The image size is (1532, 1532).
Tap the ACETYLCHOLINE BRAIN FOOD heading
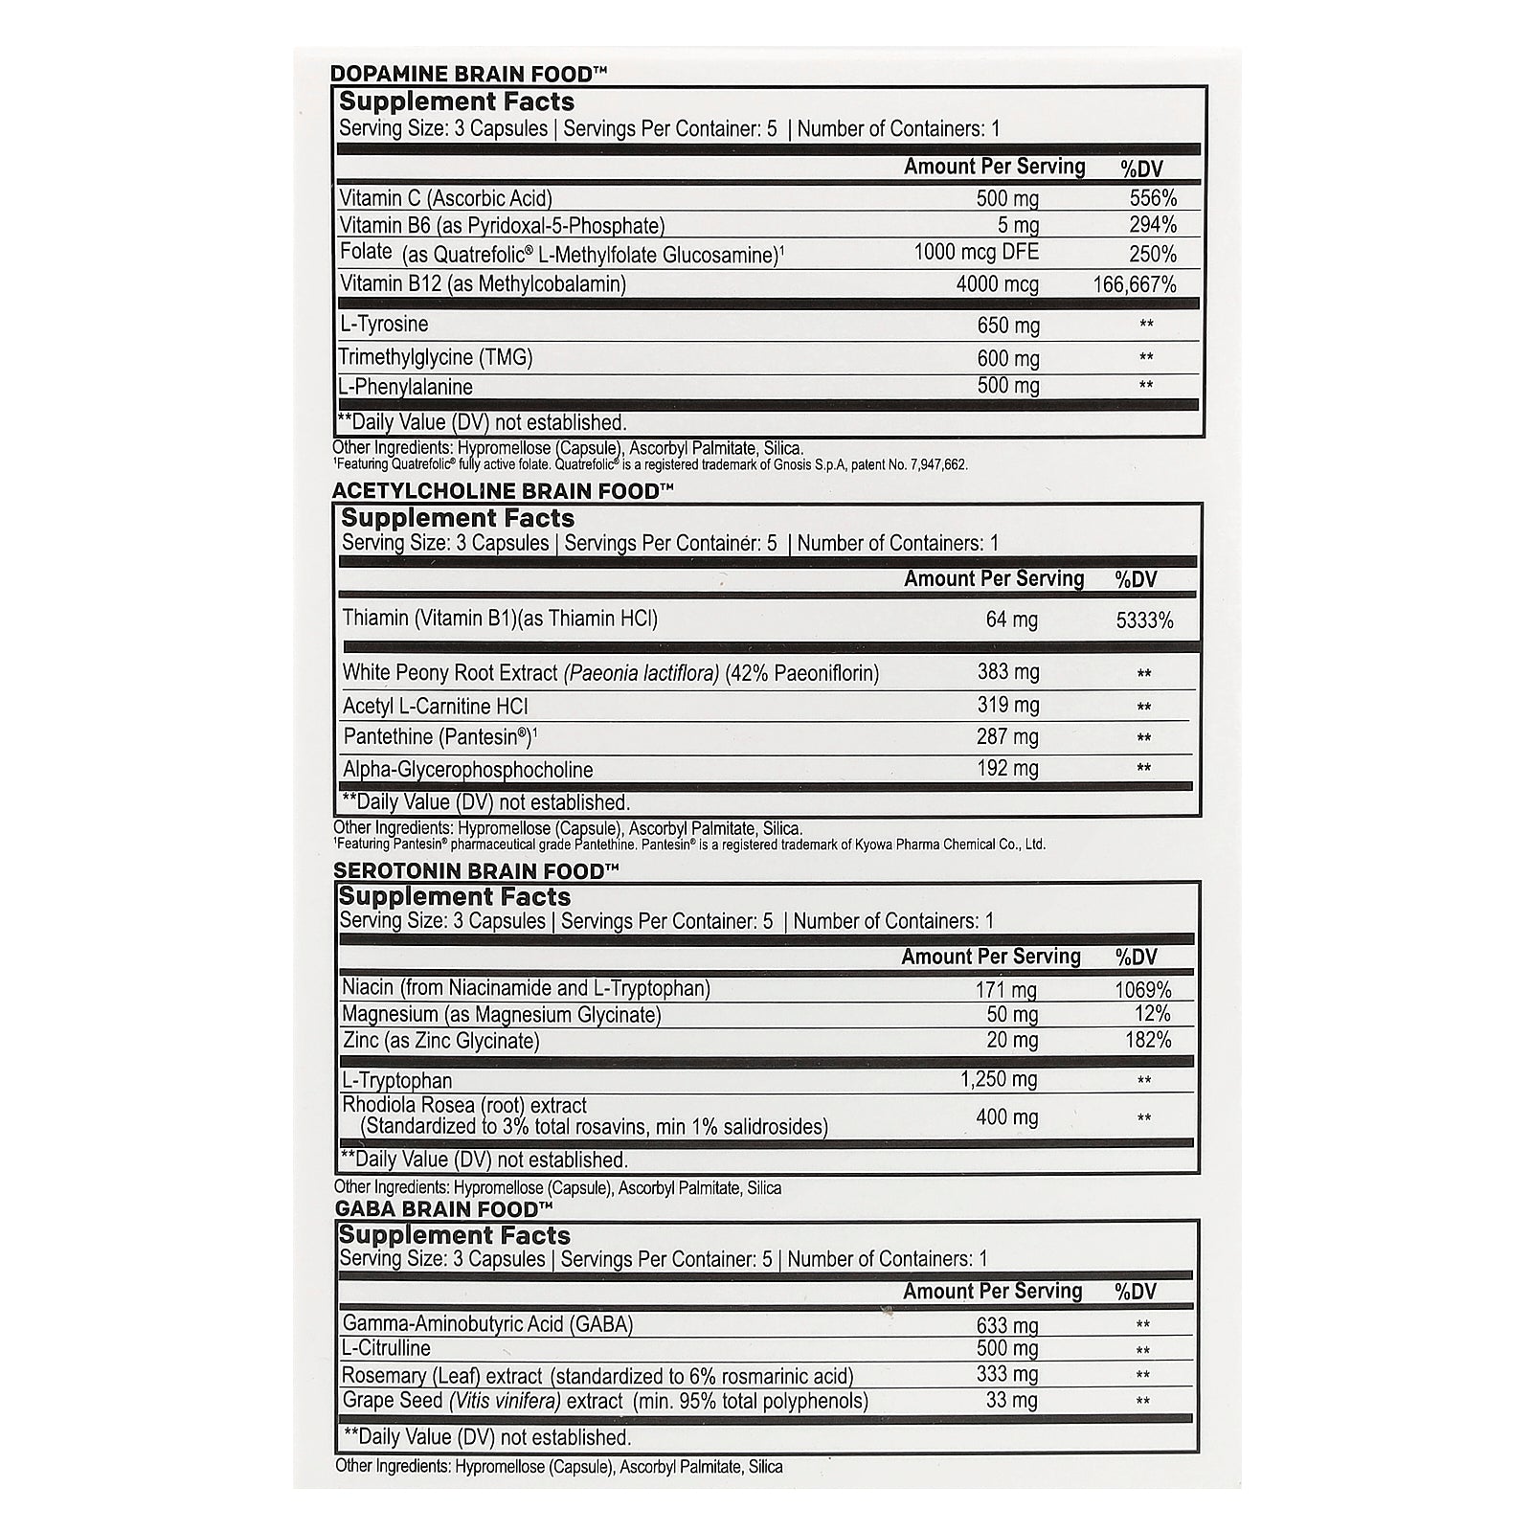click(x=503, y=491)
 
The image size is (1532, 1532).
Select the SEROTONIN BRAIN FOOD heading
click(x=477, y=871)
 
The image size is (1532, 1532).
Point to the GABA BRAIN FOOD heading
click(x=444, y=1209)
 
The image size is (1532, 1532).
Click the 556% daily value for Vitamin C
click(x=1152, y=198)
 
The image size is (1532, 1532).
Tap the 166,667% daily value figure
click(x=1135, y=284)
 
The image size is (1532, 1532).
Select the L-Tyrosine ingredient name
click(x=384, y=325)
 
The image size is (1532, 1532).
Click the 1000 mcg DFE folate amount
click(x=976, y=254)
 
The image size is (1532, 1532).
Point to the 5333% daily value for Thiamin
click(x=1144, y=620)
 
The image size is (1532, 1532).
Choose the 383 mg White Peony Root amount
click(x=1008, y=672)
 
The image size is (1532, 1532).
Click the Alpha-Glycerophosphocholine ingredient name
click(x=468, y=770)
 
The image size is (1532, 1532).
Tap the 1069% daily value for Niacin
click(x=1143, y=990)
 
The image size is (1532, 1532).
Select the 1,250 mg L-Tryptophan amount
click(x=999, y=1080)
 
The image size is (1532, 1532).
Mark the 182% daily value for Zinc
click(x=1148, y=1041)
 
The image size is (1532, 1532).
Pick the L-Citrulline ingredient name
click(x=387, y=1349)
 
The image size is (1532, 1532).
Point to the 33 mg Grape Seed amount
click(x=1012, y=1401)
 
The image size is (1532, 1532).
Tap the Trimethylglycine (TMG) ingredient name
click(x=436, y=358)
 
